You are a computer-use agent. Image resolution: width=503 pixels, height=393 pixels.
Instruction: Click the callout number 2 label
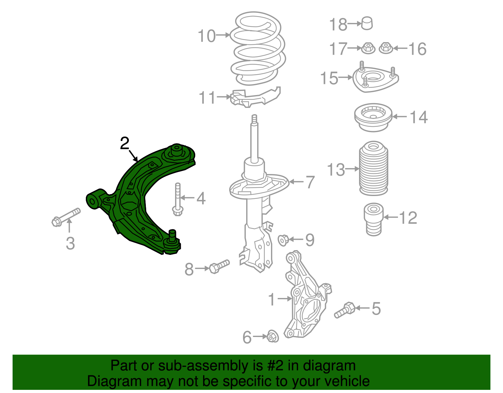pyautogui.click(x=125, y=144)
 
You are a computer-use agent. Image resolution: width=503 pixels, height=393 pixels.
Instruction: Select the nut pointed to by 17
pyautogui.click(x=368, y=48)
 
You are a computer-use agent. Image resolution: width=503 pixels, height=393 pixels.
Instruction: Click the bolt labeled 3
pyautogui.click(x=66, y=217)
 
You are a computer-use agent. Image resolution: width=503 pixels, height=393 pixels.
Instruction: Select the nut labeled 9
pyautogui.click(x=283, y=240)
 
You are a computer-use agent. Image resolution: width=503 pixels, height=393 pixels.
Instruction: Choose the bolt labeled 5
pyautogui.click(x=345, y=310)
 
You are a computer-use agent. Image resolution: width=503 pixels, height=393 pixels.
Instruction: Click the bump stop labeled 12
pyautogui.click(x=373, y=219)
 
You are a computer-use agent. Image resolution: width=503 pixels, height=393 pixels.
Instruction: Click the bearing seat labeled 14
pyautogui.click(x=373, y=117)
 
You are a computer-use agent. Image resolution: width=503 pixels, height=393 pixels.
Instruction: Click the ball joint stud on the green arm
pyautogui.click(x=172, y=235)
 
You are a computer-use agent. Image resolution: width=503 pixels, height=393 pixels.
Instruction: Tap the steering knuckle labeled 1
pyautogui.click(x=307, y=299)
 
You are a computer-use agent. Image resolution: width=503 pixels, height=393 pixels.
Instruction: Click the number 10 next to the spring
pyautogui.click(x=207, y=36)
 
